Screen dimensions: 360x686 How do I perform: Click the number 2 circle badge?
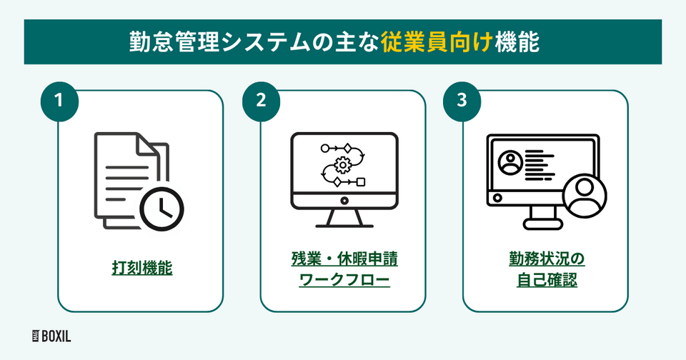pos(261,101)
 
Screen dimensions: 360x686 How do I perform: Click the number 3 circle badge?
pos(462,101)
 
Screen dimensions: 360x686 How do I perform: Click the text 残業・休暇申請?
pos(344,258)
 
